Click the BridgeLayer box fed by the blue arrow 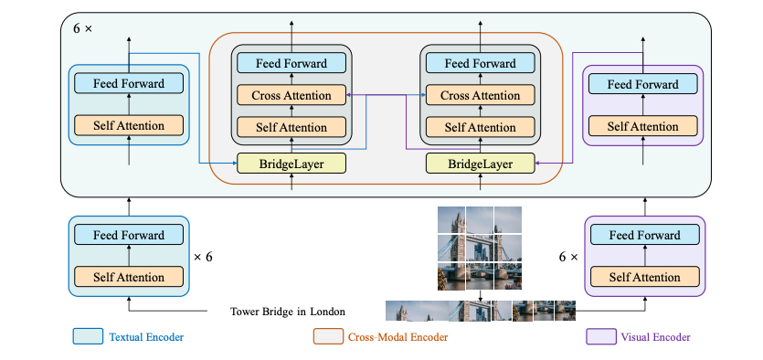[x=291, y=164]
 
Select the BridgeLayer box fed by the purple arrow [x=481, y=164]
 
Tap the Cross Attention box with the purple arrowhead [x=291, y=95]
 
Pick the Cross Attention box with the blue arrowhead [x=481, y=95]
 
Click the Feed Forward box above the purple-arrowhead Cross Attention [x=291, y=63]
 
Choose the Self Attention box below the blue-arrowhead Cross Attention [x=481, y=127]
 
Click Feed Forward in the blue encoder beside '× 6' [x=128, y=236]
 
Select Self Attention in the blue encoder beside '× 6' [x=128, y=277]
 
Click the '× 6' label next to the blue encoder [x=203, y=257]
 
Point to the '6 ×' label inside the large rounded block [x=83, y=28]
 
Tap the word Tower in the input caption [x=248, y=312]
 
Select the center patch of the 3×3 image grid [x=479, y=249]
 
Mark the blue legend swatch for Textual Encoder [x=87, y=336]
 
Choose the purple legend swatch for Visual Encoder [x=599, y=336]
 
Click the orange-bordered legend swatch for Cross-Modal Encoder [x=328, y=336]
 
